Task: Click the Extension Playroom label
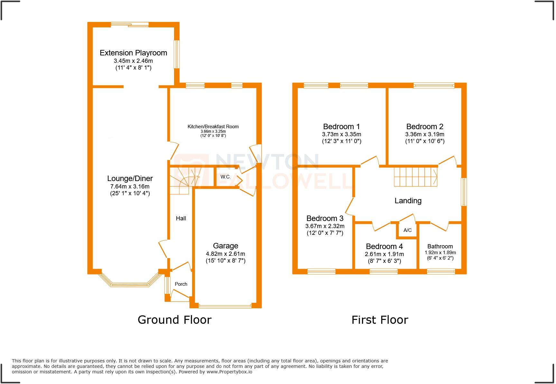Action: coord(133,53)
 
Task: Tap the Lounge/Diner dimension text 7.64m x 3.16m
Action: coord(130,187)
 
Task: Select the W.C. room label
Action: coord(225,177)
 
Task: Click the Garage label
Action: coord(225,246)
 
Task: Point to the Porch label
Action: coord(181,284)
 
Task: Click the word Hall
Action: coord(181,218)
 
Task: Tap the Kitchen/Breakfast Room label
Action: coord(213,127)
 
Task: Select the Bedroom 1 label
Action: coord(341,127)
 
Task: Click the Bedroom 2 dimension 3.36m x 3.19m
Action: coord(424,134)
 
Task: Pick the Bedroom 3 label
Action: coord(325,218)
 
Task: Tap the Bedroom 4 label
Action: coord(384,246)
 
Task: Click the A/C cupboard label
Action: coord(407,230)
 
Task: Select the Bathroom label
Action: coord(440,246)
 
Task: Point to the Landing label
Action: coord(408,201)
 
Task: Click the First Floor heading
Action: coord(380,320)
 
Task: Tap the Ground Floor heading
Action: coord(174,320)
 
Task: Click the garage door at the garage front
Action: coord(225,306)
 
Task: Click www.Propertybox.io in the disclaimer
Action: coord(229,372)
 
